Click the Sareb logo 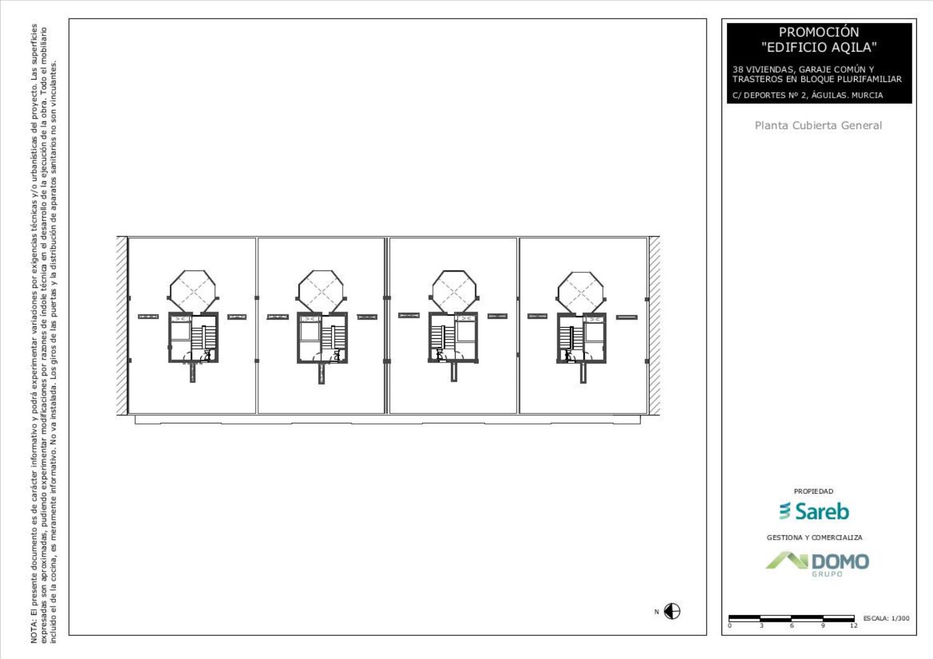(x=814, y=511)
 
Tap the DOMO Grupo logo (x=817, y=564)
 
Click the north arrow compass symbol (x=672, y=611)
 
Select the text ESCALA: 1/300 (x=886, y=618)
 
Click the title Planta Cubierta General (x=819, y=126)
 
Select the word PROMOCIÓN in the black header (x=819, y=32)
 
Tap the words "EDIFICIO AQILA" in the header (x=819, y=47)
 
